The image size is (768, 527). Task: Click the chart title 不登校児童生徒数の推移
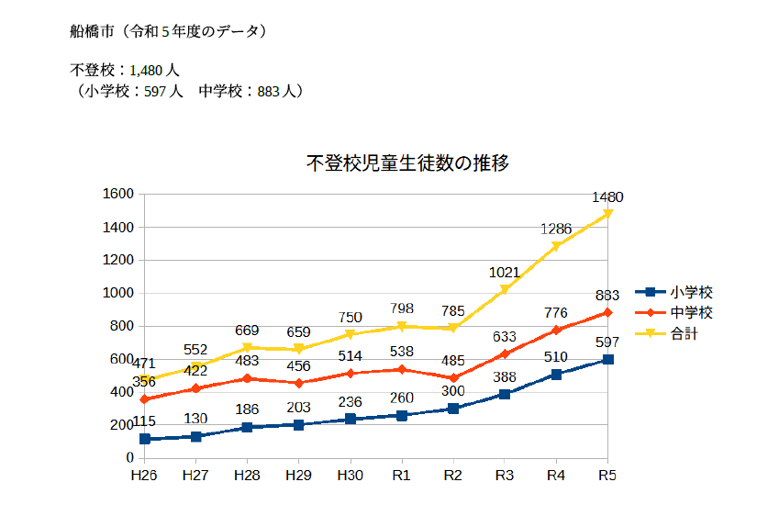[x=407, y=164]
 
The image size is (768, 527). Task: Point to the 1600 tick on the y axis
[x=119, y=194]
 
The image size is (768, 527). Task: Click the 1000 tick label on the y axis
[x=119, y=293]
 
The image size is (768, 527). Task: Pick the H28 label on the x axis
[x=246, y=476]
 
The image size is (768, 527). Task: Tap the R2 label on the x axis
[x=452, y=476]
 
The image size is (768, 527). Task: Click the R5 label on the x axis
[x=607, y=476]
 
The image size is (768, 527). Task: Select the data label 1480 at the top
[x=607, y=197]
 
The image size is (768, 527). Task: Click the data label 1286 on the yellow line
[x=556, y=230]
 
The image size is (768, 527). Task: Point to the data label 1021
[x=505, y=273]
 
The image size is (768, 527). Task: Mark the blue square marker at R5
[x=607, y=359]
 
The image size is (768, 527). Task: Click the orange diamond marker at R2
[x=452, y=377]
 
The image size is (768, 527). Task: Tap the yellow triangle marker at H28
[x=247, y=348]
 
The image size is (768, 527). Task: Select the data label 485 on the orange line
[x=452, y=361]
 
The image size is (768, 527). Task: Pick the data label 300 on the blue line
[x=452, y=391]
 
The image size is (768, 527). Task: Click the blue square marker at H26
[x=144, y=439]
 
